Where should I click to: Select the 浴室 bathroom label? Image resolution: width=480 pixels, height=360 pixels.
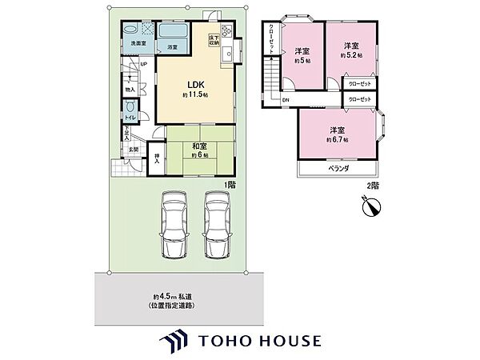[x=172, y=48]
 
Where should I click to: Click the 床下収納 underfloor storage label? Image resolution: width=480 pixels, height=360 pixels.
[x=214, y=38]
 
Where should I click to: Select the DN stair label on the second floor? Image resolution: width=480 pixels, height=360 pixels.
[x=286, y=99]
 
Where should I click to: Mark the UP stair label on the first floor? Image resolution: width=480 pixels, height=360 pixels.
[x=143, y=64]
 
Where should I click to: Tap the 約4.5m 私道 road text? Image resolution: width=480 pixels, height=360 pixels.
[x=173, y=298]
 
